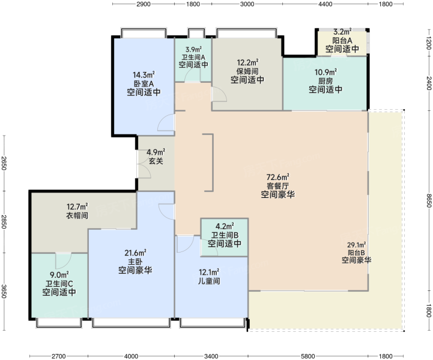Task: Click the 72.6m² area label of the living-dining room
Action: click(x=278, y=176)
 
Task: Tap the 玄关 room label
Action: click(x=156, y=161)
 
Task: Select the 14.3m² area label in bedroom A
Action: click(x=144, y=75)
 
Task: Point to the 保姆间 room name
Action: click(x=247, y=71)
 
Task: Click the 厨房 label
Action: click(x=326, y=81)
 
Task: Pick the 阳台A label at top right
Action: click(x=342, y=41)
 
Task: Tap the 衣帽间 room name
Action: click(x=77, y=215)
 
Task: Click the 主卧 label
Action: click(x=135, y=261)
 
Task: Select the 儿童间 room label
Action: click(x=209, y=281)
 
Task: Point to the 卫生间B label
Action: click(x=225, y=235)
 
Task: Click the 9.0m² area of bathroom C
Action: click(x=59, y=275)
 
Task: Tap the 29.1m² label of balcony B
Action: click(x=357, y=245)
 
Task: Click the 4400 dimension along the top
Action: click(x=325, y=4)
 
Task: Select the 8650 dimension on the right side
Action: click(x=428, y=200)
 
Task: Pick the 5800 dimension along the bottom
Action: click(x=308, y=356)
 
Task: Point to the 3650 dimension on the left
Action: click(x=4, y=291)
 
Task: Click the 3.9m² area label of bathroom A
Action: click(x=193, y=50)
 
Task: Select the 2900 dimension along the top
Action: click(x=144, y=4)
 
